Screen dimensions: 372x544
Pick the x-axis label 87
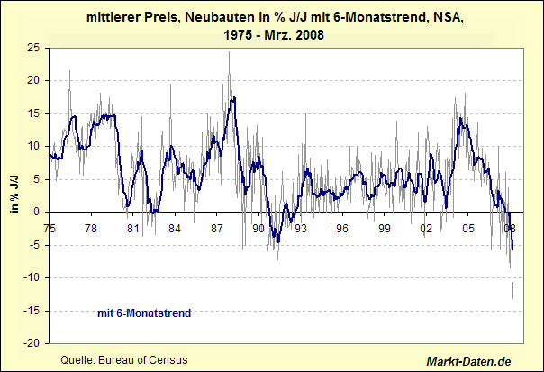[217, 228]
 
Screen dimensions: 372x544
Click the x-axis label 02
[427, 228]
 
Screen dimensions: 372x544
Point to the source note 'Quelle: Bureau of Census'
[123, 359]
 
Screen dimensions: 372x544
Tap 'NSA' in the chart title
[443, 16]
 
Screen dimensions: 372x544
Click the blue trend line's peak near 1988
[233, 97]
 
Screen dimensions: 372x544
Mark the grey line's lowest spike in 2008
[513, 298]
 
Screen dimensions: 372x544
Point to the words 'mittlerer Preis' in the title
[124, 16]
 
